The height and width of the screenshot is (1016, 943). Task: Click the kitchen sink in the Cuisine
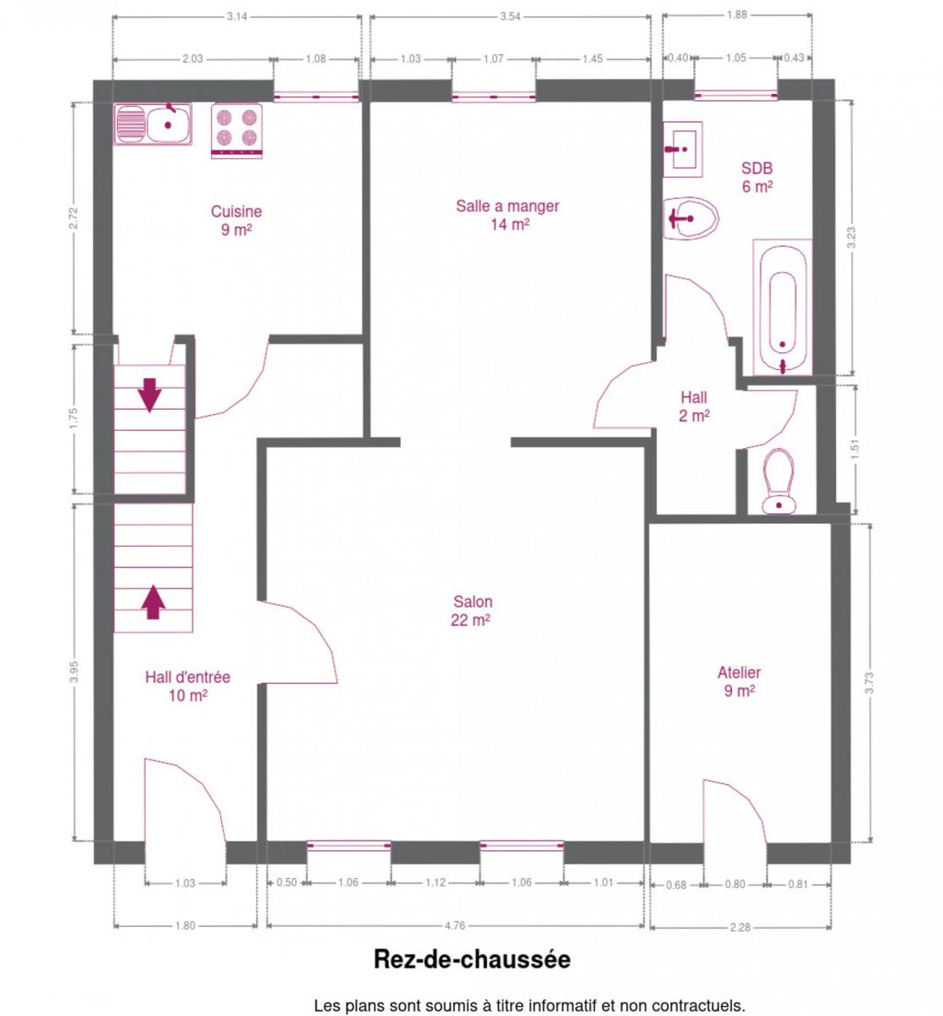(153, 124)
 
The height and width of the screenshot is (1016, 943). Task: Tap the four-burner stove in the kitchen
(236, 131)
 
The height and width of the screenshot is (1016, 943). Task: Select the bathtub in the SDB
(782, 307)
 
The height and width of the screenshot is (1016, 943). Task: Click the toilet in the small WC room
(779, 482)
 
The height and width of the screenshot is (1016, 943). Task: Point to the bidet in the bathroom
(691, 218)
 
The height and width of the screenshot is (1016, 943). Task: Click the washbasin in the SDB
(683, 149)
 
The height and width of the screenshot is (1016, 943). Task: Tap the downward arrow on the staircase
(149, 395)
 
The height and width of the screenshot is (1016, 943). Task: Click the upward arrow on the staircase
(153, 602)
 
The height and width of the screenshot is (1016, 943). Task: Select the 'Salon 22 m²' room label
(471, 610)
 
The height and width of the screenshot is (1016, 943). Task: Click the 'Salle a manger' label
(508, 207)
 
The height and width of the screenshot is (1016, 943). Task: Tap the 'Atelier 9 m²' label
(740, 682)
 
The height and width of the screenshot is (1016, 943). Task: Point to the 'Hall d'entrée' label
(188, 677)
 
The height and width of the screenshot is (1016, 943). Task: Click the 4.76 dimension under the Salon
(455, 925)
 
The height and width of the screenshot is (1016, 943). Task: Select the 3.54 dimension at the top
(510, 16)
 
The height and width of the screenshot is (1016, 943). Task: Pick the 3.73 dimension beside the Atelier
(869, 682)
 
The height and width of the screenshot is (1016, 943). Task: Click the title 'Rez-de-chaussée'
(472, 959)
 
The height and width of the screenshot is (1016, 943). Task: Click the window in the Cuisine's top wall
(316, 97)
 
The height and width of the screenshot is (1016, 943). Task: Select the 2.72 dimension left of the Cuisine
(75, 218)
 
